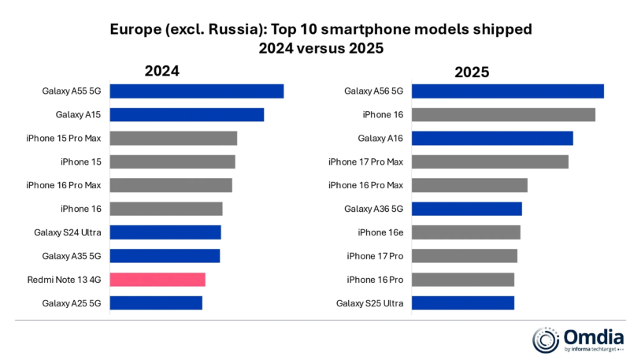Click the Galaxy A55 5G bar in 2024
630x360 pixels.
click(196, 91)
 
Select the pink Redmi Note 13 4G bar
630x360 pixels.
click(157, 280)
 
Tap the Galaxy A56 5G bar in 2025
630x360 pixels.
click(507, 91)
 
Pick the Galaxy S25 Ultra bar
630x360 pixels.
click(462, 303)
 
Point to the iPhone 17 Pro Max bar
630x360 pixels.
click(489, 162)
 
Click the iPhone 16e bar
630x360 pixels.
click(465, 232)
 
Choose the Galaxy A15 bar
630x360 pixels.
click(187, 115)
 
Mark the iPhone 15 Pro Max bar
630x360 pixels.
click(173, 139)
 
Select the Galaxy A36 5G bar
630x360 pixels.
click(466, 209)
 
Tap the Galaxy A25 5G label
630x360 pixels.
click(69, 303)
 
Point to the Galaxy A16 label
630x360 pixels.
click(380, 139)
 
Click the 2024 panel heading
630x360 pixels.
click(161, 71)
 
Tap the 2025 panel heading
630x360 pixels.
click(472, 72)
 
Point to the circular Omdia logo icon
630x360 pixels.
click(546, 340)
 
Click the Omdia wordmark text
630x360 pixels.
click(589, 336)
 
